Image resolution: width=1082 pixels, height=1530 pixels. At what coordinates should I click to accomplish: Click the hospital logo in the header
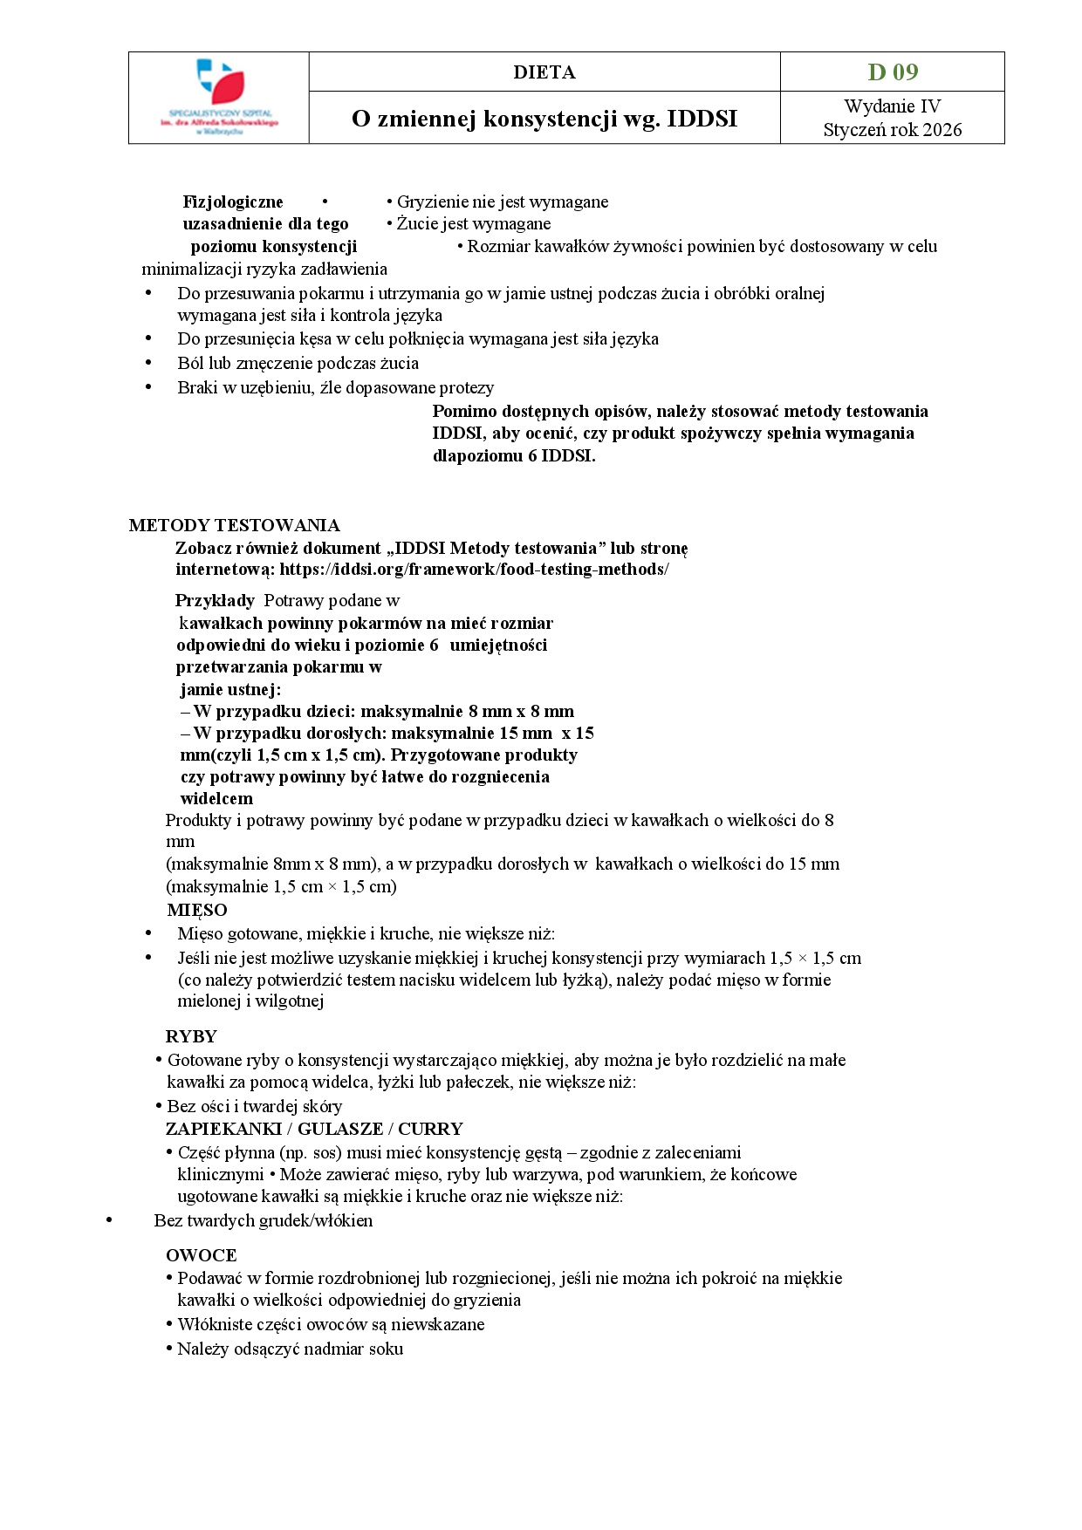(x=218, y=96)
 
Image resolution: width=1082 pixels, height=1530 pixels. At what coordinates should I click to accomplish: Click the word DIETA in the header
(x=544, y=72)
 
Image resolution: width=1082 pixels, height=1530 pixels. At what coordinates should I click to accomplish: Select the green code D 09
(x=892, y=72)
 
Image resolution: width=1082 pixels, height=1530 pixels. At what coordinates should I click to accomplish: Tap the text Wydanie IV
(x=892, y=106)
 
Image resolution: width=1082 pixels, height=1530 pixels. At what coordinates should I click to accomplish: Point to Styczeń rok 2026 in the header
(x=892, y=130)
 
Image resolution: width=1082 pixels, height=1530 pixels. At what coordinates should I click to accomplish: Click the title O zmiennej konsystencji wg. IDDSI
(x=544, y=119)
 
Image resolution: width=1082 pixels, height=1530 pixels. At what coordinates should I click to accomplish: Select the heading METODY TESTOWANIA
(x=234, y=525)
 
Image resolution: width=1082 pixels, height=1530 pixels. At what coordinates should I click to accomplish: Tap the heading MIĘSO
(x=197, y=910)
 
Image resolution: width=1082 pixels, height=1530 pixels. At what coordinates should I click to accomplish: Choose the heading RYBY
(x=191, y=1036)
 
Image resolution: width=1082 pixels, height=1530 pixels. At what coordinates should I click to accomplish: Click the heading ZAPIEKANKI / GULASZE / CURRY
(x=314, y=1129)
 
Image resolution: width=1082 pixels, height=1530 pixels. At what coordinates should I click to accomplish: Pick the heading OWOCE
(x=201, y=1255)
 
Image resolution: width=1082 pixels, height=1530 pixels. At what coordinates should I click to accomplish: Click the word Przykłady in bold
(x=215, y=600)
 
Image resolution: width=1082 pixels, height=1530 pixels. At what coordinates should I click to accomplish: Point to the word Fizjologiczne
(x=233, y=201)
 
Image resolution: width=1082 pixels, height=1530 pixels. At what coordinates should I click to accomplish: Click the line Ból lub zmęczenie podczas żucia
(x=298, y=363)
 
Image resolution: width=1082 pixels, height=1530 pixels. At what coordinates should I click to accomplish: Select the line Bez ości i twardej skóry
(x=254, y=1106)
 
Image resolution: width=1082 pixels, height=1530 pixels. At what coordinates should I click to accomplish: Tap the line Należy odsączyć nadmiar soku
(x=290, y=1349)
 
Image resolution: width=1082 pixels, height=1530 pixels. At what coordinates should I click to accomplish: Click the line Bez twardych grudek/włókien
(x=263, y=1220)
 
